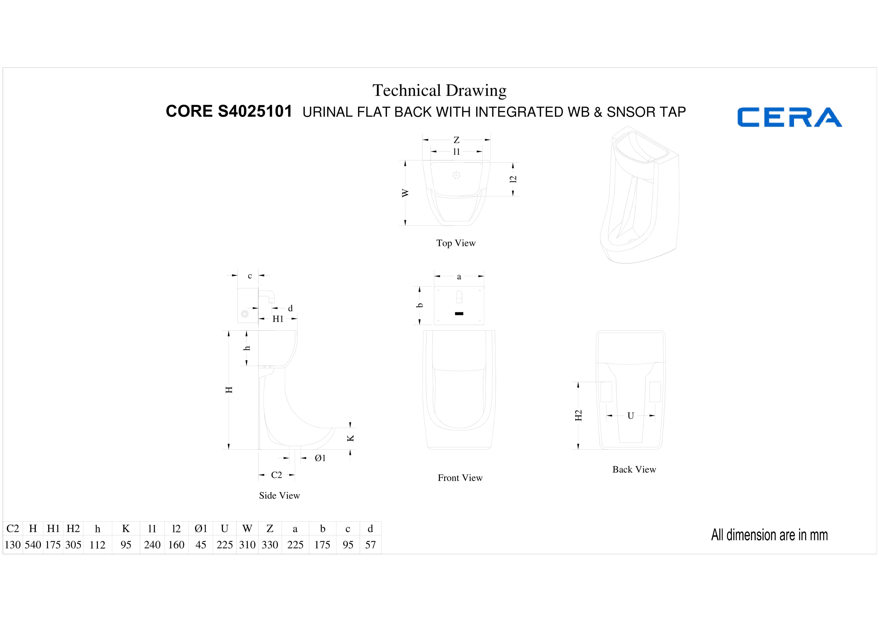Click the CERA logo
pyautogui.click(x=789, y=117)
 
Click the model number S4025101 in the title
pyautogui.click(x=255, y=111)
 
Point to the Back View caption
pyautogui.click(x=634, y=470)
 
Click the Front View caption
pyautogui.click(x=460, y=478)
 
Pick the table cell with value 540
pyautogui.click(x=33, y=545)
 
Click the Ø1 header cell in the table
pyautogui.click(x=201, y=529)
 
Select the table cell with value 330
pyautogui.click(x=270, y=545)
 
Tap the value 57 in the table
pyautogui.click(x=370, y=545)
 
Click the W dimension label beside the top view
pyautogui.click(x=405, y=193)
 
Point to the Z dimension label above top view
pyautogui.click(x=456, y=140)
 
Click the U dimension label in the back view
pyautogui.click(x=631, y=416)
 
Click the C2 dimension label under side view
pyautogui.click(x=277, y=475)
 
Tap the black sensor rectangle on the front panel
pyautogui.click(x=459, y=314)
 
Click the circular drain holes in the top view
pyautogui.click(x=456, y=175)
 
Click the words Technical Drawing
pyautogui.click(x=439, y=91)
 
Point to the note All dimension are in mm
pyautogui.click(x=770, y=535)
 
